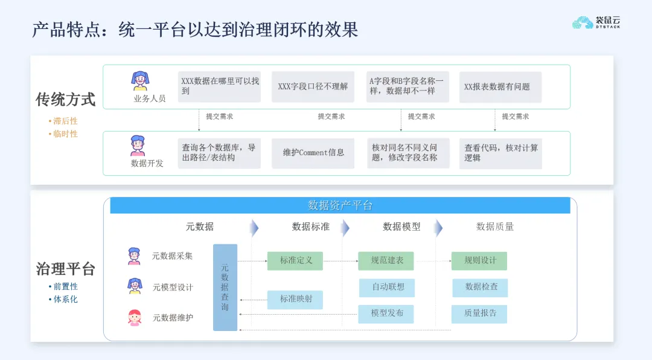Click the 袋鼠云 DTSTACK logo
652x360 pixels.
[x=596, y=22]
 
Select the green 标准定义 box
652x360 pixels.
[x=295, y=261]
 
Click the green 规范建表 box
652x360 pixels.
[x=386, y=261]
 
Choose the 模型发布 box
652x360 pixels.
[x=387, y=313]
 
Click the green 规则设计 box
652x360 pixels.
[x=479, y=261]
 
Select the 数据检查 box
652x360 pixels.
[x=480, y=288]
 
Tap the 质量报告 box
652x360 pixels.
[x=479, y=313]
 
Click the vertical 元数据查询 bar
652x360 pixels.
[x=225, y=288]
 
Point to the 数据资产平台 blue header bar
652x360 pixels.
[x=340, y=205]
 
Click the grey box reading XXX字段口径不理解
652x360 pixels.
[x=313, y=87]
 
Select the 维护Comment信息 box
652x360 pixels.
[x=313, y=153]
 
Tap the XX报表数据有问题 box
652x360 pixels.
[x=500, y=87]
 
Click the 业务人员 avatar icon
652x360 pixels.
[x=141, y=81]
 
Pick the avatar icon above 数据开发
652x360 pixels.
[x=138, y=146]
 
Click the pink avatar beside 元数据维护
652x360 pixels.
[x=135, y=318]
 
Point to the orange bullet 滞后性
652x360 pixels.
[x=65, y=121]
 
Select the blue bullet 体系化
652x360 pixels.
[x=65, y=300]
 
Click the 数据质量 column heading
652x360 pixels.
[x=495, y=227]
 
